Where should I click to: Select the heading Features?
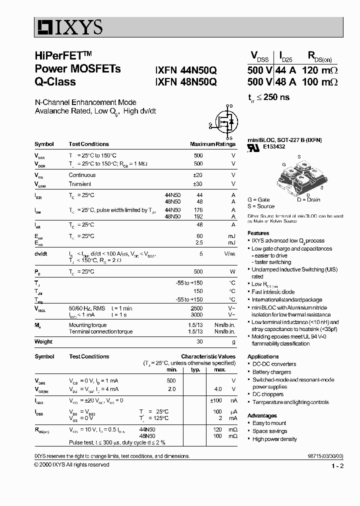[x=258, y=233]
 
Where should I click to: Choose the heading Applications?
[x=263, y=356]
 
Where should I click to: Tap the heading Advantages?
[x=262, y=415]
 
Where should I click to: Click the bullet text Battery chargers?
[x=271, y=372]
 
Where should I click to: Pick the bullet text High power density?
[x=274, y=439]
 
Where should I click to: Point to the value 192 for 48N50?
[x=198, y=216]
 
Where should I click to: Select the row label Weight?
[x=43, y=342]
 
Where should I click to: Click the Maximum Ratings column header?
[x=212, y=144]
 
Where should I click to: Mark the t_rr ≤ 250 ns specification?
[x=268, y=97]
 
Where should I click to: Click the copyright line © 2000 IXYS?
[x=71, y=464]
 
